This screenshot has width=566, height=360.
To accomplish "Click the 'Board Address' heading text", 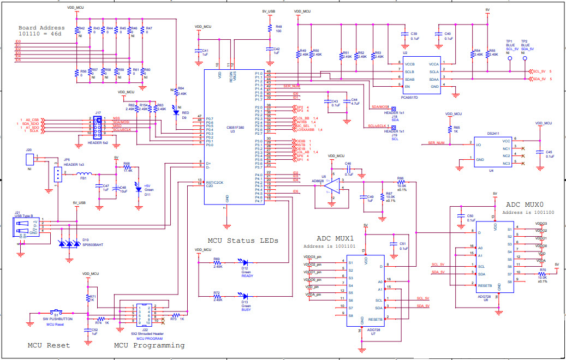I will [41, 28].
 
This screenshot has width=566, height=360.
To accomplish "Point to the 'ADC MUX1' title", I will [336, 238].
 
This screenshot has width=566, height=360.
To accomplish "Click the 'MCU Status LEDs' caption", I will [243, 240].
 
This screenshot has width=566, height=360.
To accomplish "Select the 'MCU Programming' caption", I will [149, 345].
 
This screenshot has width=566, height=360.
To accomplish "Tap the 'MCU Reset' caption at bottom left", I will [49, 345].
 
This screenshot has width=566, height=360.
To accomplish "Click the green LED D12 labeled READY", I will [244, 262].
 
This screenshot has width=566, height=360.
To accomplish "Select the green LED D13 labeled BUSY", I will [244, 296].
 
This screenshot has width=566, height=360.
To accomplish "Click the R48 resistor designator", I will [278, 26].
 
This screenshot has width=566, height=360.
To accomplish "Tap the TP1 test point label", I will [509, 41].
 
